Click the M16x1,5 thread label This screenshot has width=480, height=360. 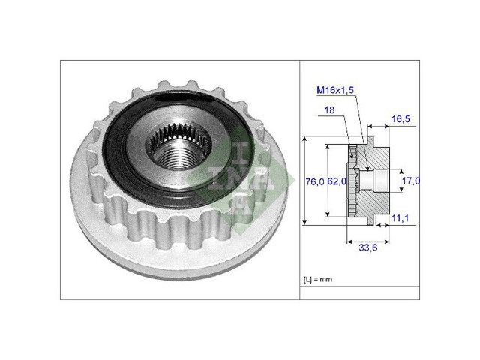tap(335, 90)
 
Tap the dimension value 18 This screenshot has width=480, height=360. tap(329, 110)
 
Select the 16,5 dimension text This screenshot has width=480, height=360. tap(400, 119)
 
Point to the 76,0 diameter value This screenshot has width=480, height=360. tap(315, 181)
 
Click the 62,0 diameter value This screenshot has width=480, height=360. tap(337, 181)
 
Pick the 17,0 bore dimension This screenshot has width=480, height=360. tap(411, 181)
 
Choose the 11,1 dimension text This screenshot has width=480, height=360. tap(400, 218)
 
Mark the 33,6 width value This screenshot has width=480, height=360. tap(368, 247)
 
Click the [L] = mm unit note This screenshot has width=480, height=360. tap(318, 279)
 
